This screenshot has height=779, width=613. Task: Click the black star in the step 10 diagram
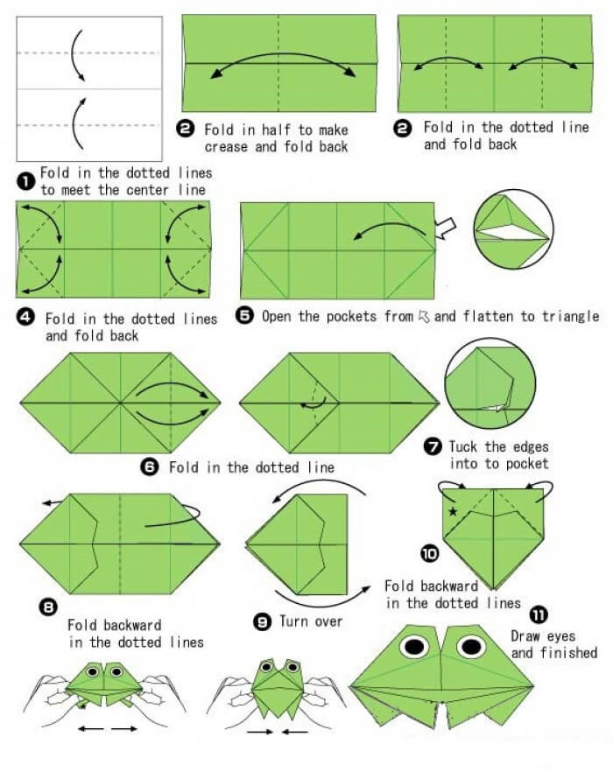coord(453,510)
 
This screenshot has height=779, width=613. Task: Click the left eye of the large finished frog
coord(413,646)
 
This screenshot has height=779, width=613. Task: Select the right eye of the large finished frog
coord(471,646)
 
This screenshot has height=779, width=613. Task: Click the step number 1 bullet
coord(25,181)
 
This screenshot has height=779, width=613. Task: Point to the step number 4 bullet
coord(25,317)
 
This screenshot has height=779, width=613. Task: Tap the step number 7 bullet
coord(433,446)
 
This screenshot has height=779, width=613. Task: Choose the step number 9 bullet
coord(262,621)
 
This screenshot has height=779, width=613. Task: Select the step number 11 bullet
coord(539,615)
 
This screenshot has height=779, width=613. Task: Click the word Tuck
coord(463,446)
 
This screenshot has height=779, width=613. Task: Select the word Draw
coord(525,636)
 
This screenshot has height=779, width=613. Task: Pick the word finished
coord(567,652)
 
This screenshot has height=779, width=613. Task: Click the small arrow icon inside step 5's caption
coord(424,316)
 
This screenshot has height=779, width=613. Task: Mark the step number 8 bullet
coord(50,607)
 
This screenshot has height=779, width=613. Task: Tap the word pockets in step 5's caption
coord(348,317)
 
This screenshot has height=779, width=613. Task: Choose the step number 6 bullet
coord(150,467)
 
